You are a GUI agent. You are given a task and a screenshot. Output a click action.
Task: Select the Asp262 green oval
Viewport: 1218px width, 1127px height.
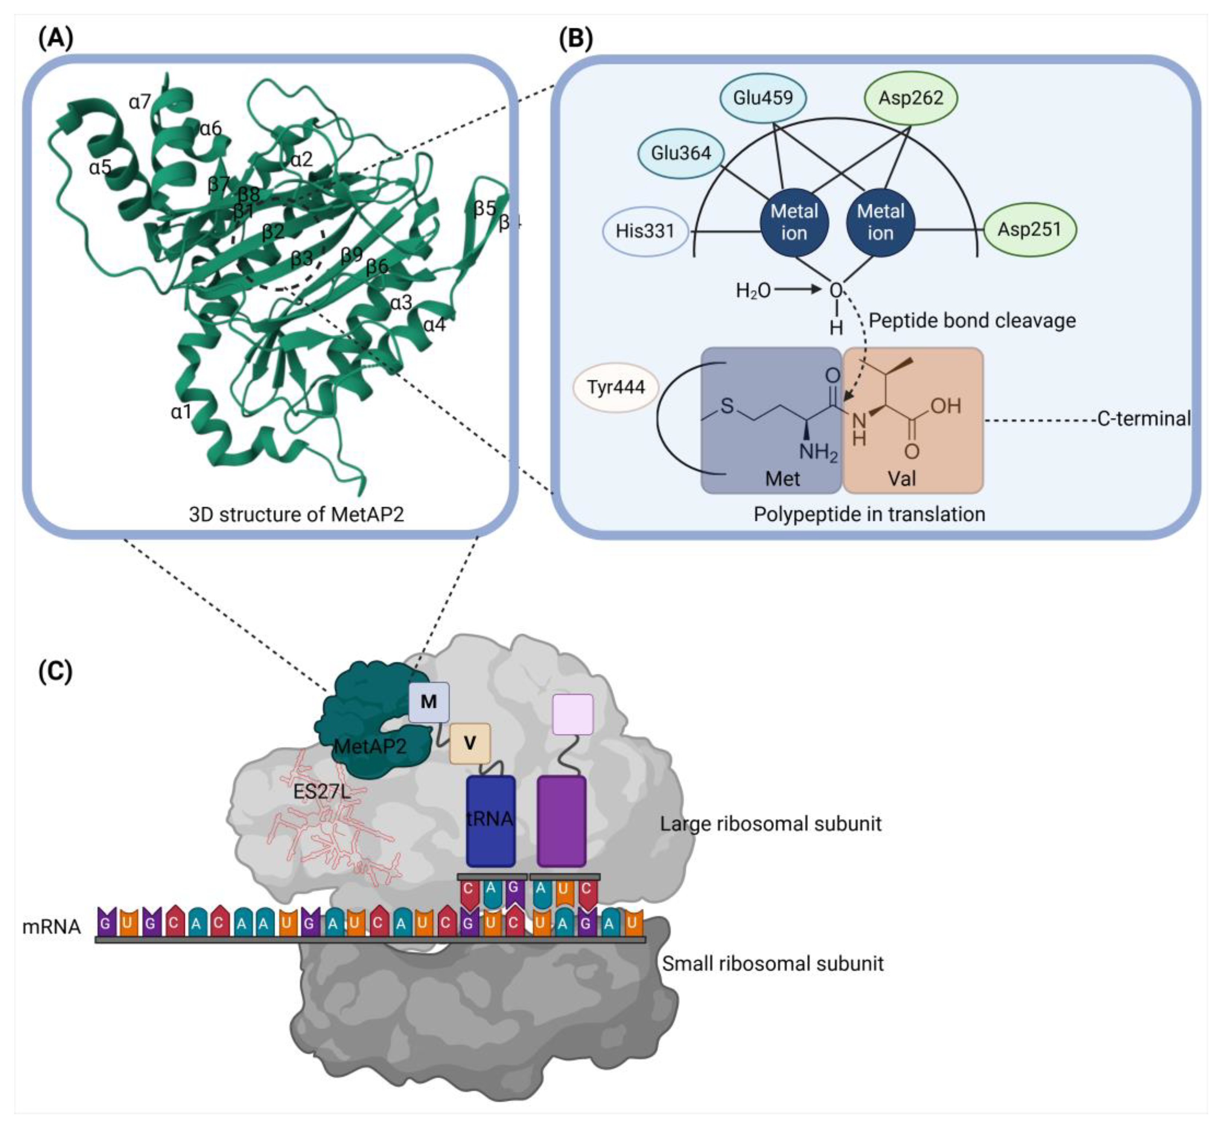click(x=911, y=98)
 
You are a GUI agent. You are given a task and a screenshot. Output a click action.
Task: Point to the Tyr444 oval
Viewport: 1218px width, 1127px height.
click(x=616, y=387)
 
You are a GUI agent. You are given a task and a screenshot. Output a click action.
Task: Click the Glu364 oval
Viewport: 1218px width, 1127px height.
click(x=681, y=153)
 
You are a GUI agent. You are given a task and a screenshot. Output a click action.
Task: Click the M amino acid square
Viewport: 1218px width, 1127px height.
click(x=429, y=702)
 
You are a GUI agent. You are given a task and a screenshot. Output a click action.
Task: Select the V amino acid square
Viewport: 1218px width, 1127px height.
click(x=469, y=743)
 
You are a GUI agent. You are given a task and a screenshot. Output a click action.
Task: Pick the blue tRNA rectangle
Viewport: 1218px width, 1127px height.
click(x=490, y=820)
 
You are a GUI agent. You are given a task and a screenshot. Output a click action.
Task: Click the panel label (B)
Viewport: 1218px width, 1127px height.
click(x=575, y=39)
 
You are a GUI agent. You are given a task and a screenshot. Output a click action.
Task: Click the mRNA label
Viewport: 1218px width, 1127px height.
click(x=51, y=927)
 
